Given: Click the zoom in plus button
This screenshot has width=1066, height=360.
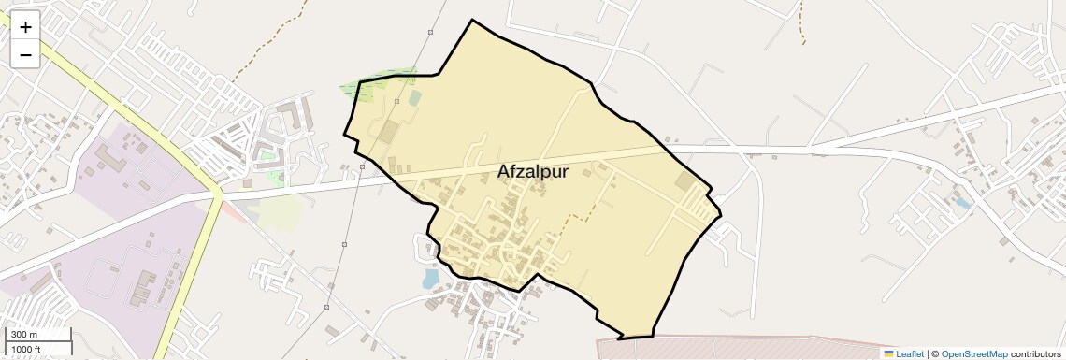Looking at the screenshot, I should pos(25,27).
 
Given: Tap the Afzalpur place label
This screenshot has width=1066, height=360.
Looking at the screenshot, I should pos(533,172).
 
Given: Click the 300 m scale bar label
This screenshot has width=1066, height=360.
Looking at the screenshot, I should pos(24,335).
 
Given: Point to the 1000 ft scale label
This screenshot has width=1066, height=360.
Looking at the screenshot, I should pos(27,350).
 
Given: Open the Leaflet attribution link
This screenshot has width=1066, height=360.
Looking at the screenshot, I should pos(910,354).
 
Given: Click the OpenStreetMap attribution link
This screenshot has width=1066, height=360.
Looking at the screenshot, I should pos(973,354).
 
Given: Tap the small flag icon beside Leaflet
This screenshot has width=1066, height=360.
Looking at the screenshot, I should pos(888,354).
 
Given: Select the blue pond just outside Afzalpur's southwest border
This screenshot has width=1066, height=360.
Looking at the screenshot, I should pos(430,279).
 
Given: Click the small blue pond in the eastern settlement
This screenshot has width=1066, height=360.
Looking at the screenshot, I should pos(963,201).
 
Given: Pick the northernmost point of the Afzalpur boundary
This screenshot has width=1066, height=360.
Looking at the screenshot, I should pos(472,20).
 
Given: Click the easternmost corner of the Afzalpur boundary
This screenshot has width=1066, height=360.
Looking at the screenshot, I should pos(721,216).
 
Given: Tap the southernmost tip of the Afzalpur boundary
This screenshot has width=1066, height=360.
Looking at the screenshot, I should pos(620,338).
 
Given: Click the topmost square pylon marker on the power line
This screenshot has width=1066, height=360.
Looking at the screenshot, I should pos(430,33).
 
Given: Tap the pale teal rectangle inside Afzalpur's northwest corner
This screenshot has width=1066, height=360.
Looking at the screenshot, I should pos(414,97).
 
